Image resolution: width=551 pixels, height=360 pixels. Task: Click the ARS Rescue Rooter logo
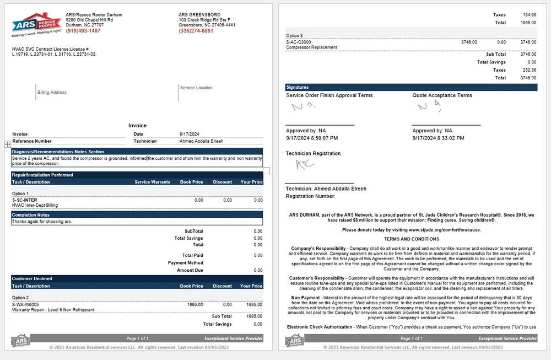pos(36,24)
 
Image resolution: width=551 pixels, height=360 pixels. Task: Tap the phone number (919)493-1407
pos(83,31)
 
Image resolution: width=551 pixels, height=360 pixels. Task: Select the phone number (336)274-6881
pos(196,31)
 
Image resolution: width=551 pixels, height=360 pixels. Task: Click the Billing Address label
pos(52,93)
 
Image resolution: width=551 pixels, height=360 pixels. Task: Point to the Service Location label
pos(196,88)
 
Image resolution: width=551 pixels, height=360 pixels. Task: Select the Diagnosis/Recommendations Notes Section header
pos(58,152)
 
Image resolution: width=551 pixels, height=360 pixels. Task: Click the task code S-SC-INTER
pos(25,200)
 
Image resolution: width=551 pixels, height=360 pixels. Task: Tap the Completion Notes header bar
pos(137,215)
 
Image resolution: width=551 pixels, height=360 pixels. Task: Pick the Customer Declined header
pos(32,278)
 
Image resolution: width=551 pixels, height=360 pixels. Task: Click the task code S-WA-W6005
pos(25,304)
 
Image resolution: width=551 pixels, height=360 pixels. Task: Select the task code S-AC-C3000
pos(299,42)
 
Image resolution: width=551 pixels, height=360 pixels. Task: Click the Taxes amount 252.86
pos(529,71)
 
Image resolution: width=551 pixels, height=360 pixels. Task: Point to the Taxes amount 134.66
pos(529,15)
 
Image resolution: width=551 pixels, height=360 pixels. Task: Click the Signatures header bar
pos(411,87)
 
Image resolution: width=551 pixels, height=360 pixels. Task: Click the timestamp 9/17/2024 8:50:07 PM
pos(312,138)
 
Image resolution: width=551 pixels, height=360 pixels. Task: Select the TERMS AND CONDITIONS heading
pos(412,239)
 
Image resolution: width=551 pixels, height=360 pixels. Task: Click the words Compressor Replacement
pos(311,47)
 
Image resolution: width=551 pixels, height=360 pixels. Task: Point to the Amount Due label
pos(190,271)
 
